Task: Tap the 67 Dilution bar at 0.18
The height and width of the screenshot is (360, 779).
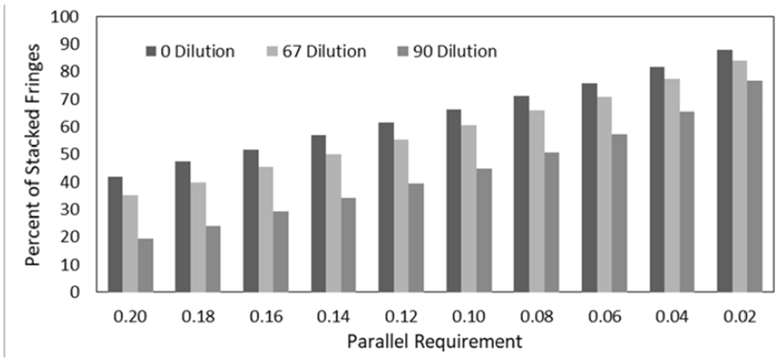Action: click(197, 237)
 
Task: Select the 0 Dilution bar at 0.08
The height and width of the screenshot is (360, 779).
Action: click(522, 194)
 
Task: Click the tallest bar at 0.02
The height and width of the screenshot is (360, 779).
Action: click(724, 171)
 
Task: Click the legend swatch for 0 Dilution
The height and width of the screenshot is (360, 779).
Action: click(151, 52)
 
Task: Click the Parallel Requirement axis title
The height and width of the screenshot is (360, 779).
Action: click(433, 342)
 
